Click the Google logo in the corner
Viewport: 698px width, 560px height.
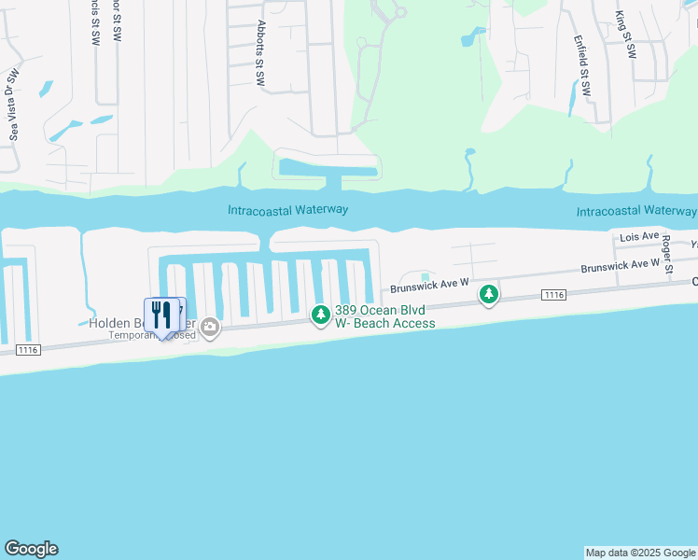click(x=31, y=549)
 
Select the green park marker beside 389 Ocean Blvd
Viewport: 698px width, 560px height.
click(x=321, y=316)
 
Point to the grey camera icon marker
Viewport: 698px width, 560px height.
click(x=210, y=327)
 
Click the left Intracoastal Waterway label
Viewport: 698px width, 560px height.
click(x=287, y=210)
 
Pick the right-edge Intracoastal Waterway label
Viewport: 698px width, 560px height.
click(x=636, y=212)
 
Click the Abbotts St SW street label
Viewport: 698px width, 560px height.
click(x=260, y=54)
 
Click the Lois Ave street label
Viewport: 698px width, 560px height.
click(x=639, y=239)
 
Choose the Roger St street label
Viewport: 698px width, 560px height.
click(x=667, y=248)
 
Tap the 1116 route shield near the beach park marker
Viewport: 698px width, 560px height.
click(x=553, y=295)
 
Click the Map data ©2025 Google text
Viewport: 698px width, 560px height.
click(x=641, y=553)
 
